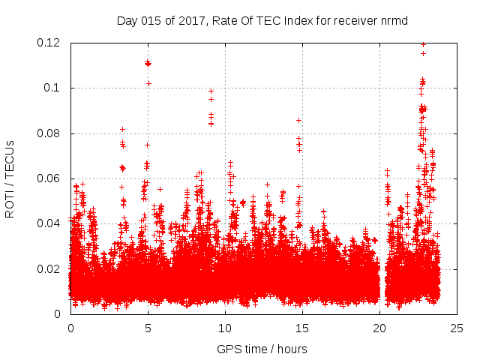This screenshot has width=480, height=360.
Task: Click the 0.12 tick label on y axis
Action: (50, 43)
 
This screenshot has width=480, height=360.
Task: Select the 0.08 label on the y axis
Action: (50, 133)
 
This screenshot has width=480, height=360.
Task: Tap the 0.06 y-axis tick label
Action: (50, 178)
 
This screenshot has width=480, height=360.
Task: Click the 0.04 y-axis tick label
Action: (50, 223)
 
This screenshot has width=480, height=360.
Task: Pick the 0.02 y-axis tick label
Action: (50, 268)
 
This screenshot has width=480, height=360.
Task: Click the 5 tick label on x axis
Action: (148, 328)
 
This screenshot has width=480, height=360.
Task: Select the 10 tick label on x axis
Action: (225, 328)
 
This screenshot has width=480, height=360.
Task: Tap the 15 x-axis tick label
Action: (302, 328)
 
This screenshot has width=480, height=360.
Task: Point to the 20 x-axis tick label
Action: (379, 328)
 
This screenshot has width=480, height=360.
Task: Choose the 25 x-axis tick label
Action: (457, 328)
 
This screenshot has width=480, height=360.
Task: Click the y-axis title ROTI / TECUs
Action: (10, 178)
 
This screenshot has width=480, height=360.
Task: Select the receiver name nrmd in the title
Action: (394, 20)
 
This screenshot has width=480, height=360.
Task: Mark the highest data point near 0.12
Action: (423, 44)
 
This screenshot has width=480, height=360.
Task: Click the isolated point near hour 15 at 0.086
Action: (298, 120)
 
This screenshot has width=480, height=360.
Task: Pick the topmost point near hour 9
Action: (211, 91)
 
